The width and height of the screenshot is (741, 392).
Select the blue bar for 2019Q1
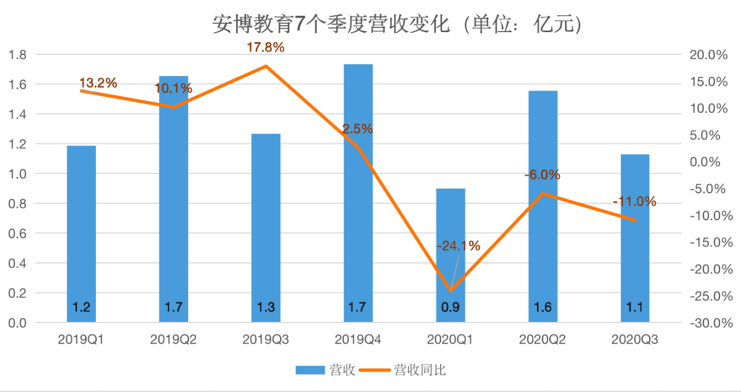(x=81, y=234)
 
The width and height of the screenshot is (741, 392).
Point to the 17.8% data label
(x=266, y=48)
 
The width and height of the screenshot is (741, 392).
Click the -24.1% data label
(x=459, y=245)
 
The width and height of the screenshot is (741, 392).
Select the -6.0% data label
(x=542, y=175)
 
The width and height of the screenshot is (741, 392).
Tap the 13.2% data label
(x=98, y=83)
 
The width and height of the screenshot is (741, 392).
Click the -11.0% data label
(x=635, y=202)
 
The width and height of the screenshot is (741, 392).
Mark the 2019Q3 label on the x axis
(x=266, y=339)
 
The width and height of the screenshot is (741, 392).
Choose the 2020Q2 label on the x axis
(x=542, y=339)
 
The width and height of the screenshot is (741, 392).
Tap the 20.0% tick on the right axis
(x=708, y=55)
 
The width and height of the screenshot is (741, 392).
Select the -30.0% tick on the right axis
(x=708, y=323)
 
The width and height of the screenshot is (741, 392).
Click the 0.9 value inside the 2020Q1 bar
(x=451, y=307)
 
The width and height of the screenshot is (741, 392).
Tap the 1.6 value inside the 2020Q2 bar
(x=542, y=307)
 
